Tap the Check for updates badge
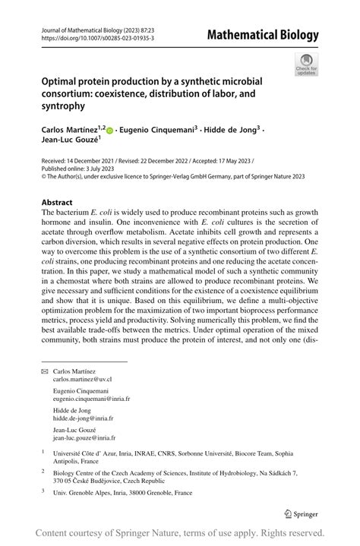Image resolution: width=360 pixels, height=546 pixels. click(306, 65)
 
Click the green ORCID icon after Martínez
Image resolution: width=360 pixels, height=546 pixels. click(110, 131)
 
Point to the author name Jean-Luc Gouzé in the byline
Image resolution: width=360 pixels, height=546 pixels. click(71, 141)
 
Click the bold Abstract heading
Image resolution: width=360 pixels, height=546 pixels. click(57, 203)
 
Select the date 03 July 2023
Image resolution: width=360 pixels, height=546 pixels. click(93, 169)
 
